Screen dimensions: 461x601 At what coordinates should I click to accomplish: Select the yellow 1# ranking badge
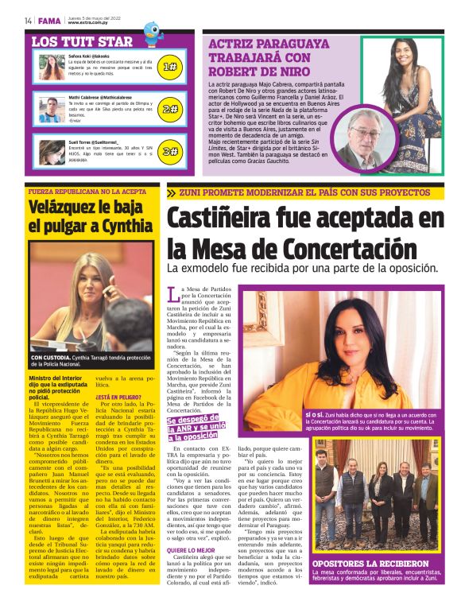click(x=169, y=67)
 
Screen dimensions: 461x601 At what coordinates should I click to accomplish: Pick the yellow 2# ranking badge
click(x=169, y=109)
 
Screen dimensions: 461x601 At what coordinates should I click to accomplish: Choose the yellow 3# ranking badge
click(x=169, y=151)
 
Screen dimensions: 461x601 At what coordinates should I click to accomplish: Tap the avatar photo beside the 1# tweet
click(x=52, y=67)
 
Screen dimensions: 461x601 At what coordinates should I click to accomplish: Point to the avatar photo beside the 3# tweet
click(x=52, y=151)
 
